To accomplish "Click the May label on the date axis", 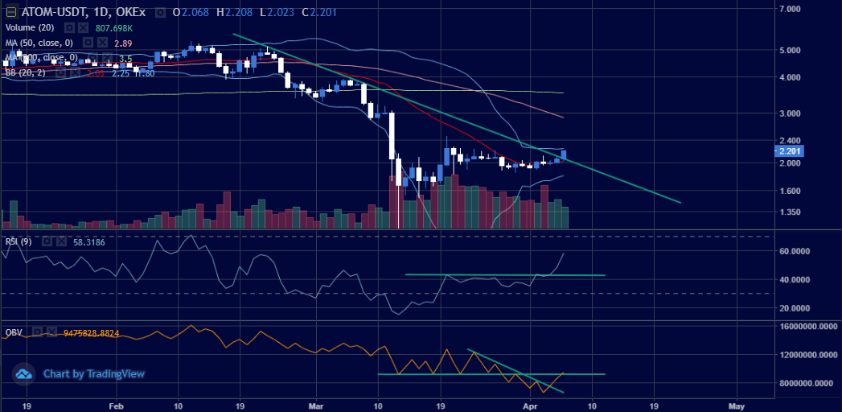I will coord(737,405).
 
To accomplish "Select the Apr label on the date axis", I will coord(529,405).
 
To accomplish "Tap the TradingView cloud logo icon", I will coord(24,374).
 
